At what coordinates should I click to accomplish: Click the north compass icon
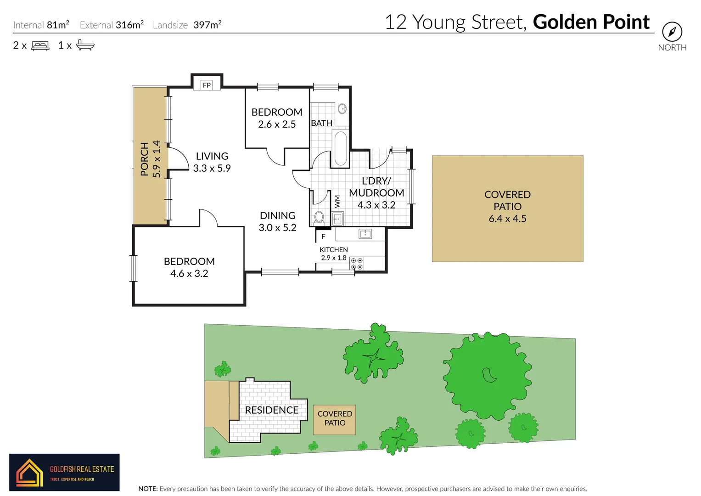(672, 32)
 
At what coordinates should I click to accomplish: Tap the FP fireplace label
(207, 85)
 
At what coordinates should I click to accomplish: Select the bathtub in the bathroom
(340, 148)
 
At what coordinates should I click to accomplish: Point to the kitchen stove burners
(357, 264)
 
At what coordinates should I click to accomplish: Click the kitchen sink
(365, 234)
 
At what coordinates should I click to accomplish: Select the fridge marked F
(323, 237)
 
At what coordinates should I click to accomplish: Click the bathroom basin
(342, 109)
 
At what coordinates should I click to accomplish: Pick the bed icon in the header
(40, 45)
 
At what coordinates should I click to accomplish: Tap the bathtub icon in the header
(85, 45)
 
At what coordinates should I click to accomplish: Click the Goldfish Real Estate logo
(64, 473)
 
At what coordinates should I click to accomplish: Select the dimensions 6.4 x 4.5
(507, 219)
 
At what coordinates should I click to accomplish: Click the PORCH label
(145, 159)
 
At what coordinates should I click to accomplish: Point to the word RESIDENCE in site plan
(271, 410)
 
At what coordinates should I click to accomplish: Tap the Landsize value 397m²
(207, 25)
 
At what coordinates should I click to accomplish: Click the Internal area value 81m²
(58, 25)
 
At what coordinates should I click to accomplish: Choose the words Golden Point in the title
(591, 22)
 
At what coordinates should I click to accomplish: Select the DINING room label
(277, 215)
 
